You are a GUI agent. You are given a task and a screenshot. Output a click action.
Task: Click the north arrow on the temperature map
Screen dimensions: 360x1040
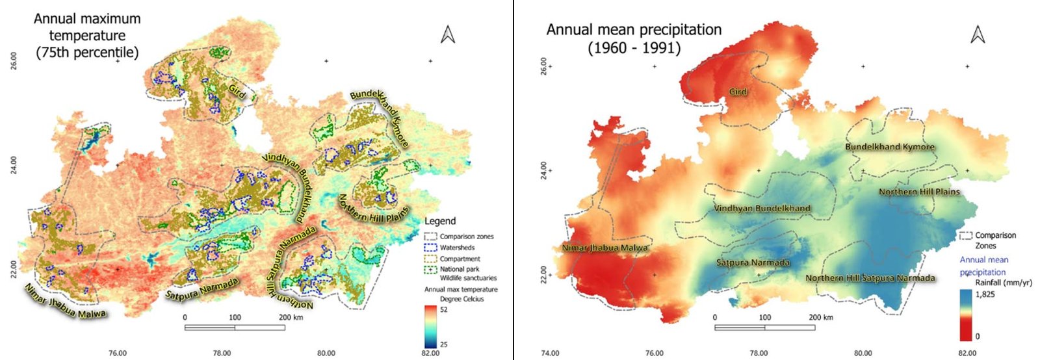[447, 34]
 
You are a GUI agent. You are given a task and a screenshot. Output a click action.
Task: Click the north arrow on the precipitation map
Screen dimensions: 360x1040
[978, 34]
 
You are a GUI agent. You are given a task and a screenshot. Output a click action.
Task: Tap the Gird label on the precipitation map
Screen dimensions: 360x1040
[738, 92]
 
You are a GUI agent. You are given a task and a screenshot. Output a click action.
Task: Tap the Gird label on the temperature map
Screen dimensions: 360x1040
[237, 91]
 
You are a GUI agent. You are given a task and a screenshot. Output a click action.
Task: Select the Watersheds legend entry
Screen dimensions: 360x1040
[457, 248]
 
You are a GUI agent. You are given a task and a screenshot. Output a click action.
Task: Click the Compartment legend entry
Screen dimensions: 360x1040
[460, 259]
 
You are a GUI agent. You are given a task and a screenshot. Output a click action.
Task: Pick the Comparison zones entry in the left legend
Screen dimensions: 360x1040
[466, 237]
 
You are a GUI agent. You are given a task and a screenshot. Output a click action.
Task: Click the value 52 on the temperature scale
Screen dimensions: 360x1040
[444, 310]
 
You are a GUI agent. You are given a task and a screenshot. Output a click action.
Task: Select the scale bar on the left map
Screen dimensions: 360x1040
[235, 327]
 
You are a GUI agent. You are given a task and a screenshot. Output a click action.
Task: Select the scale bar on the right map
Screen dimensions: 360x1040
[764, 327]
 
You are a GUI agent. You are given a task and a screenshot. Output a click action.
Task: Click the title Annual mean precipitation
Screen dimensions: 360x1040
[634, 30]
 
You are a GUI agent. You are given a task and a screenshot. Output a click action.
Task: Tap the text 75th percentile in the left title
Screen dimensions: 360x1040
[87, 53]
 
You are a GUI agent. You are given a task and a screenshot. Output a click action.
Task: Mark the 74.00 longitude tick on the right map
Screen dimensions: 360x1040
[550, 353]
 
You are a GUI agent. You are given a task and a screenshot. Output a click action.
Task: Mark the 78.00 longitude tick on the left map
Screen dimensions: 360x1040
[222, 353]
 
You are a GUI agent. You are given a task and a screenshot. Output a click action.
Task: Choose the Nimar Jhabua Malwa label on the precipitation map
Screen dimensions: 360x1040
[604, 248]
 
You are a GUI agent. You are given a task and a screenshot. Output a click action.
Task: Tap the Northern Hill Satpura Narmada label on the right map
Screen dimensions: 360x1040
[870, 278]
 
